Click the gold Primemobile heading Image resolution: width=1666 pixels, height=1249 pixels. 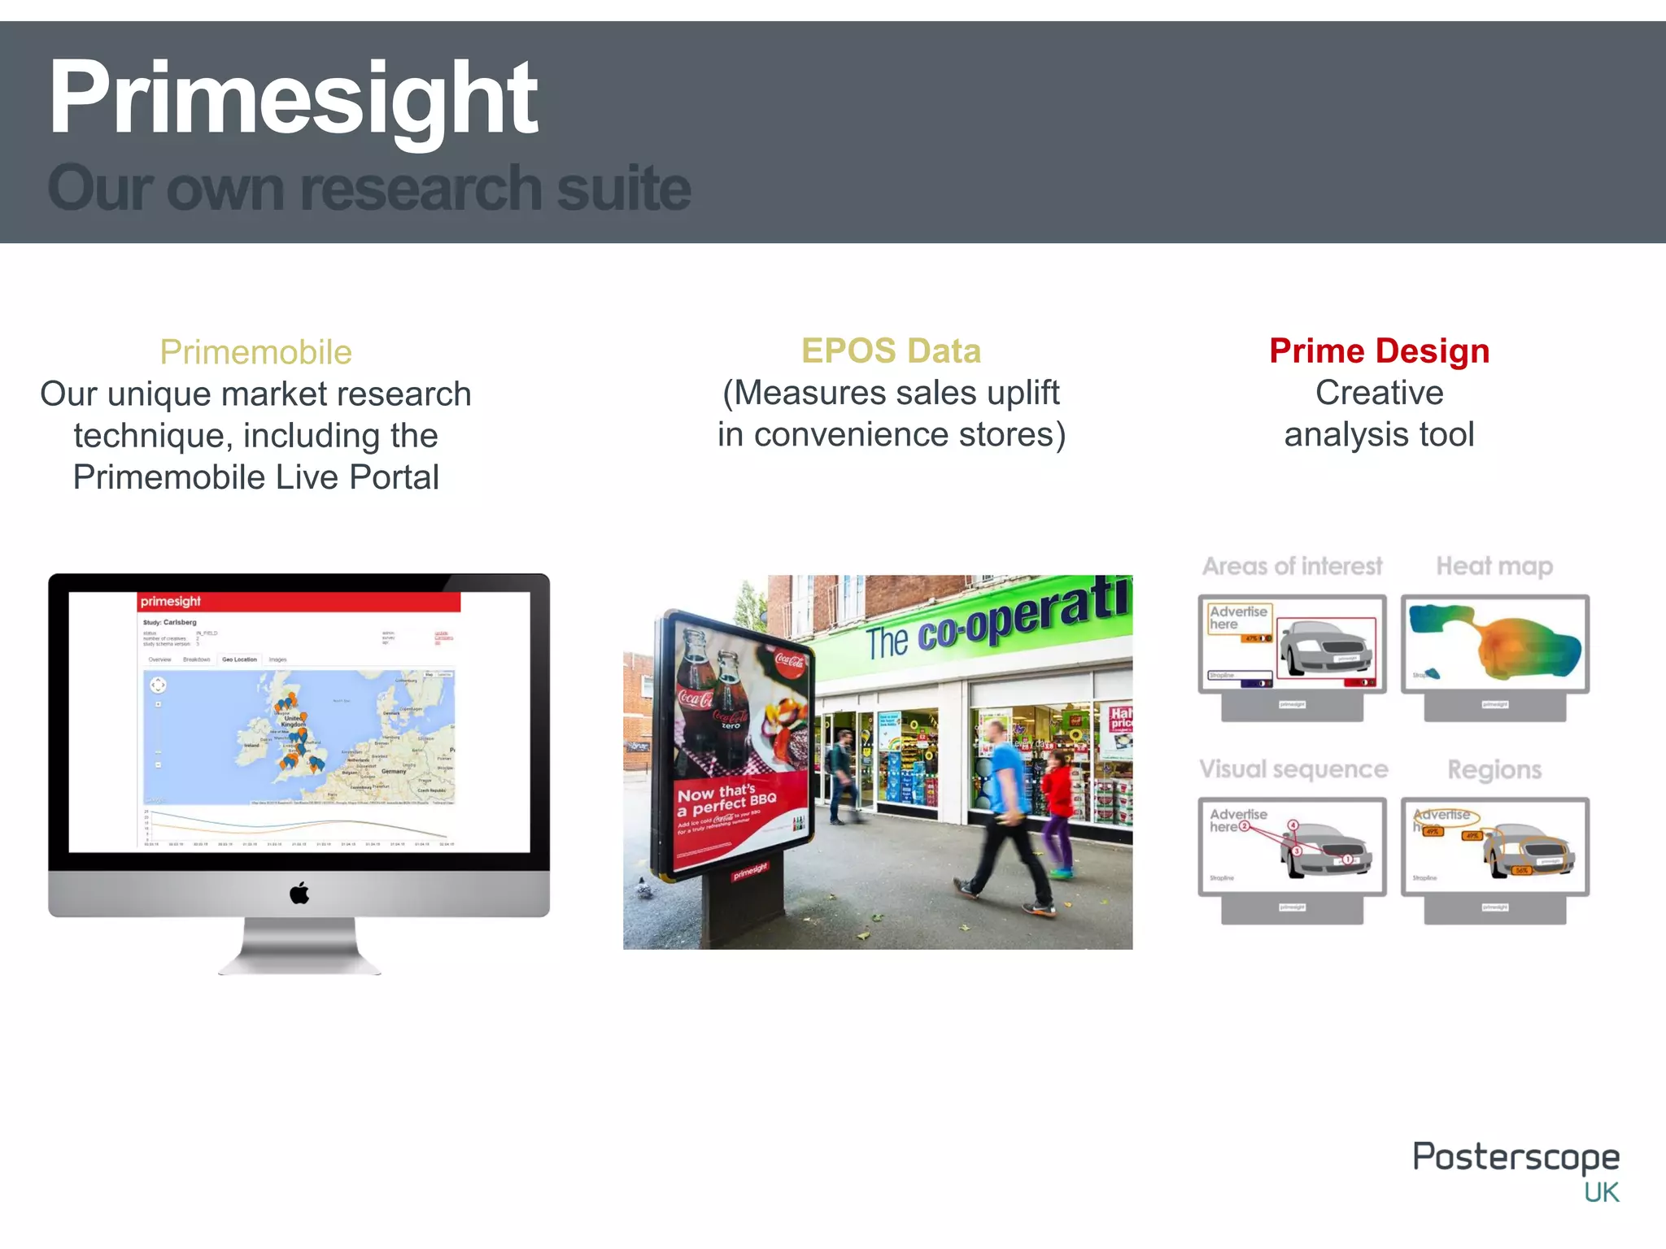click(255, 352)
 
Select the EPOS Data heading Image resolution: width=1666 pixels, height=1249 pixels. click(891, 350)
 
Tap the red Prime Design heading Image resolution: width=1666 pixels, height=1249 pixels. click(1379, 350)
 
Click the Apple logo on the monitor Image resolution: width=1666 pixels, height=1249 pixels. click(299, 893)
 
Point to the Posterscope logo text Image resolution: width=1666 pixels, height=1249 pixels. click(1516, 1156)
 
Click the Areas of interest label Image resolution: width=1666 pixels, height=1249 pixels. click(1292, 565)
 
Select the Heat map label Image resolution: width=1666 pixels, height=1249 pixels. click(1494, 565)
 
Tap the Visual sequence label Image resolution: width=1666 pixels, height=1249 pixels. click(1293, 768)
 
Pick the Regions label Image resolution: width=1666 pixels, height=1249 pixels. click(1494, 769)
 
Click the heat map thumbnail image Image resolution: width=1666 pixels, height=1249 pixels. click(1494, 643)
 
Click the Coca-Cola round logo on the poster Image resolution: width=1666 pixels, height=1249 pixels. click(789, 660)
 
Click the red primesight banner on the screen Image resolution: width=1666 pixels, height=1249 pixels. click(299, 602)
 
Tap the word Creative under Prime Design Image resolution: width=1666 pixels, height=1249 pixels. click(1379, 393)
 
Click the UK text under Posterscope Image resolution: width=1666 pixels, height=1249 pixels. click(1601, 1192)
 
